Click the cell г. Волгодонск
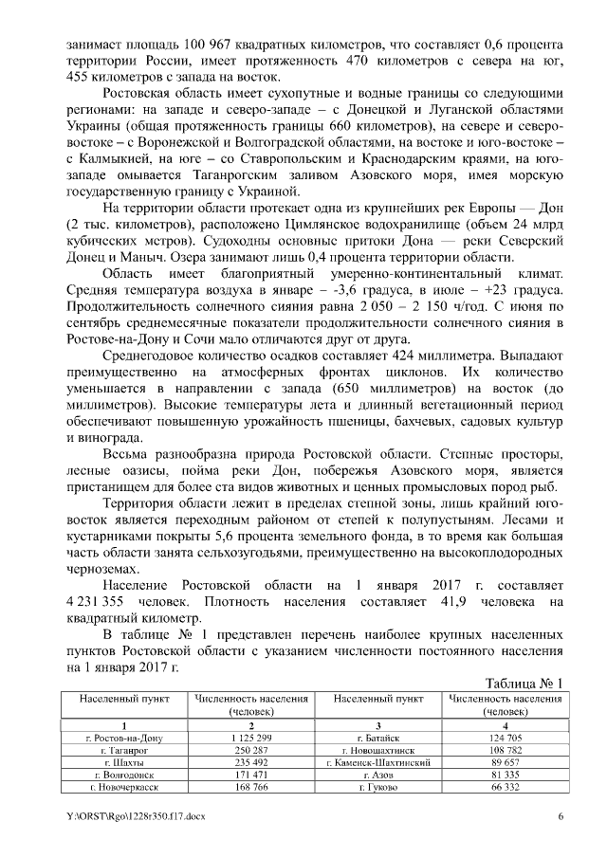(125, 775)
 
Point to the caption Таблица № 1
(524, 684)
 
